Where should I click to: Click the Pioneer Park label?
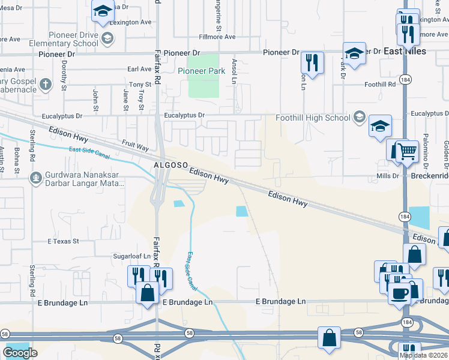tap(202, 71)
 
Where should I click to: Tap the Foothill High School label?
tap(313, 118)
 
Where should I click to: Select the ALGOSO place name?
tap(171, 164)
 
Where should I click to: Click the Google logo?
tap(20, 353)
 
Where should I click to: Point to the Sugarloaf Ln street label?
tap(131, 256)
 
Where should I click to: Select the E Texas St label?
tap(63, 241)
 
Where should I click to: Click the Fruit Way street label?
tap(135, 145)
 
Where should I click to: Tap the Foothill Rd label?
tap(380, 85)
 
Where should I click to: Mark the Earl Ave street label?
tap(139, 69)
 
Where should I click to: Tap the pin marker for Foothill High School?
tap(360, 116)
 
